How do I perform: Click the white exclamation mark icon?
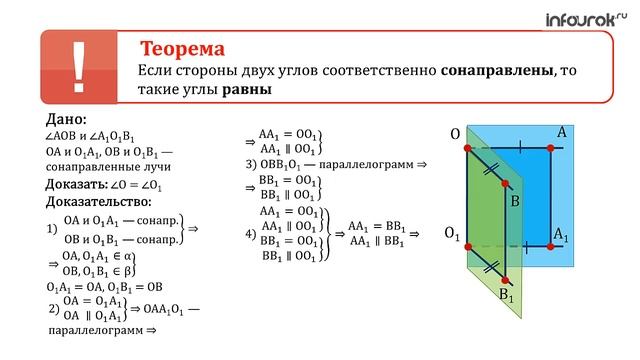coord(79,67)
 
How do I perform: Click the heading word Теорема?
coord(182,49)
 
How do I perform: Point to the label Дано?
coord(68,121)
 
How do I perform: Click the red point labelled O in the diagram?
coord(467,148)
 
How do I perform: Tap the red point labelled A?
coord(551,148)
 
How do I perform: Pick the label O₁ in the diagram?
coord(452,234)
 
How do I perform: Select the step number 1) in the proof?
coord(52,228)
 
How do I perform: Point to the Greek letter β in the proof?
coord(130,270)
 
